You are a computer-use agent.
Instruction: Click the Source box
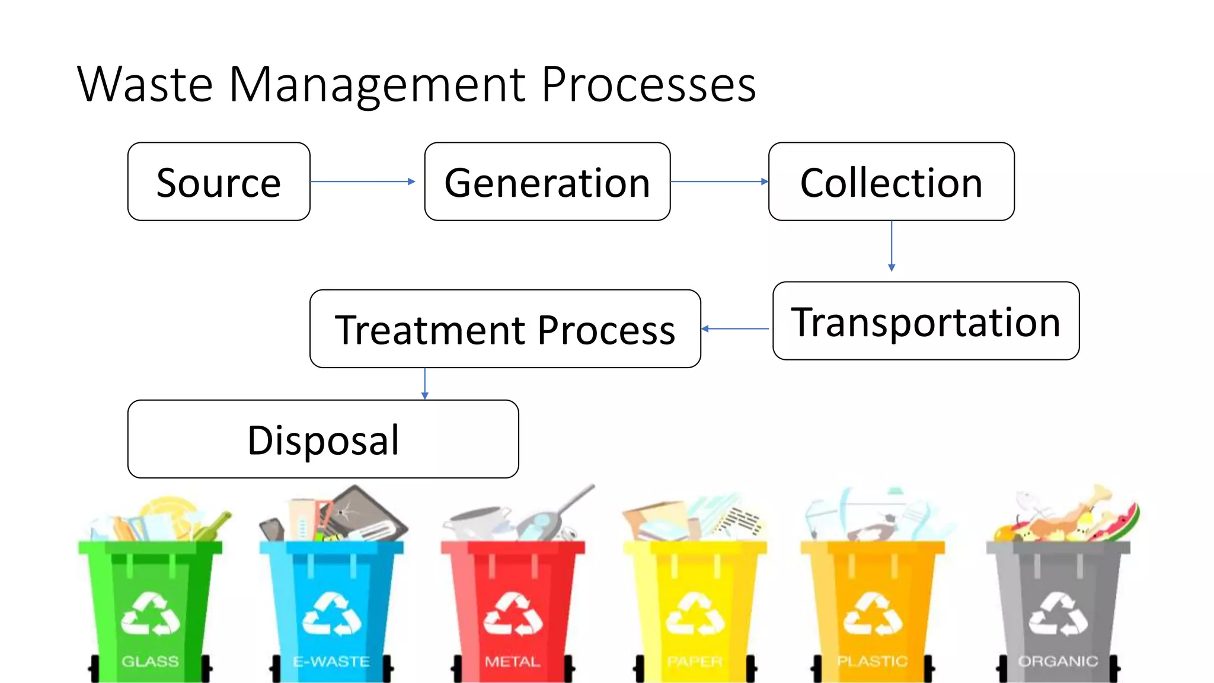[x=219, y=181]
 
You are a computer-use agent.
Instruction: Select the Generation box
[x=547, y=181]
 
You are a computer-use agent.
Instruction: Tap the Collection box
[x=891, y=181]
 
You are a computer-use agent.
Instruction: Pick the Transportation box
[x=926, y=321]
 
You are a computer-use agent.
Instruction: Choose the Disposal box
[x=323, y=439]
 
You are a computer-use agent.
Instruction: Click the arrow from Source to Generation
[x=362, y=181]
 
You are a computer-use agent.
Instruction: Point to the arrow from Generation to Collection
[x=719, y=181]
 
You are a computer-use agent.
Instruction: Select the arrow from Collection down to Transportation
[x=892, y=246]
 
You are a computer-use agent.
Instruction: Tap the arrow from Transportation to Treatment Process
[x=735, y=328]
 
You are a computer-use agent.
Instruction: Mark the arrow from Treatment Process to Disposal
[x=424, y=384]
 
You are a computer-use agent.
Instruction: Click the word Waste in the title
[x=145, y=84]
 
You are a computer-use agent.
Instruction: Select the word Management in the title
[x=377, y=84]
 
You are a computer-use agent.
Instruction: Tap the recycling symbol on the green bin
[x=150, y=614]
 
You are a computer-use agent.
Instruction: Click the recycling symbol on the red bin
[x=513, y=614]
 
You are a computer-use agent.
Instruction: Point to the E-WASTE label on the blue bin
[x=331, y=661]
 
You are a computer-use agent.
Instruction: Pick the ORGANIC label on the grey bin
[x=1058, y=661]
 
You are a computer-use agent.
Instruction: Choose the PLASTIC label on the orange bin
[x=872, y=661]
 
